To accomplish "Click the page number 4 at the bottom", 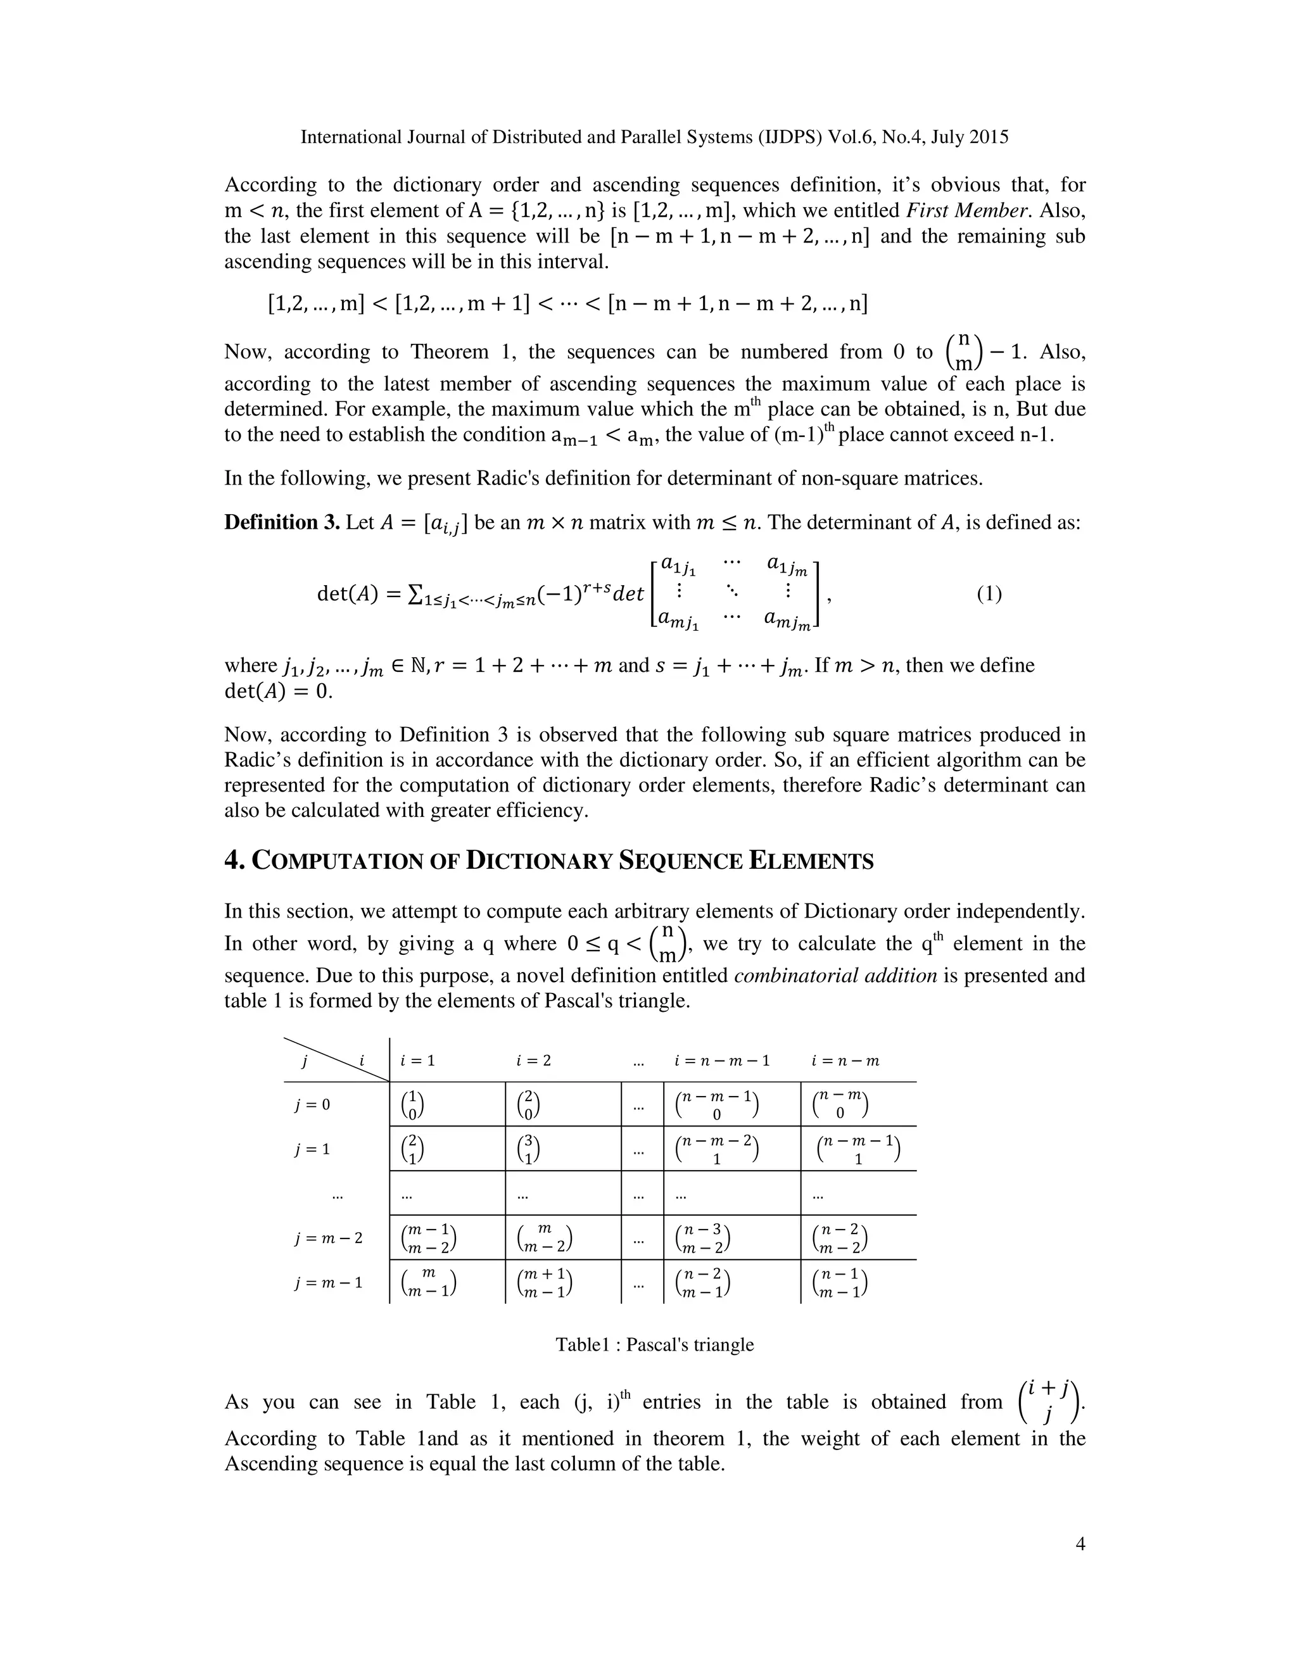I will (1080, 1544).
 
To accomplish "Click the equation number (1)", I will (989, 594).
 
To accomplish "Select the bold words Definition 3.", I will (281, 522).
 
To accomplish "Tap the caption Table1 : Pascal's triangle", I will (655, 1344).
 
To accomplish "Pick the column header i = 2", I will (533, 1061).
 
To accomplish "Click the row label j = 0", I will (312, 1105).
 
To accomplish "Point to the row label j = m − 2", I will (328, 1239).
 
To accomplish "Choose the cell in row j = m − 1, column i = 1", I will (429, 1283).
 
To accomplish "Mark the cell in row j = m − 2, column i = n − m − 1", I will (702, 1239).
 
